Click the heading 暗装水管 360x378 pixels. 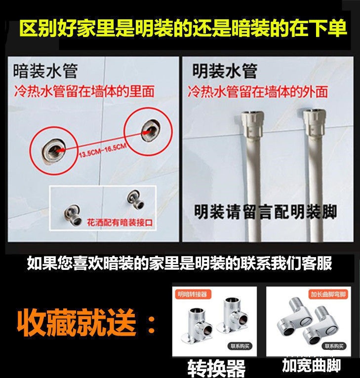45,72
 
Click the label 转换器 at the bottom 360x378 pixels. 216,368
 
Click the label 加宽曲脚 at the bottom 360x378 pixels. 311,366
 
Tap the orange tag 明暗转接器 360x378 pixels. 193,294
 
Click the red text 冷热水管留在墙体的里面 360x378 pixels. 84,91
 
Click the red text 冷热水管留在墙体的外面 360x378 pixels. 257,91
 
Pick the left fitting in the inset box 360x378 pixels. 69,214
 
